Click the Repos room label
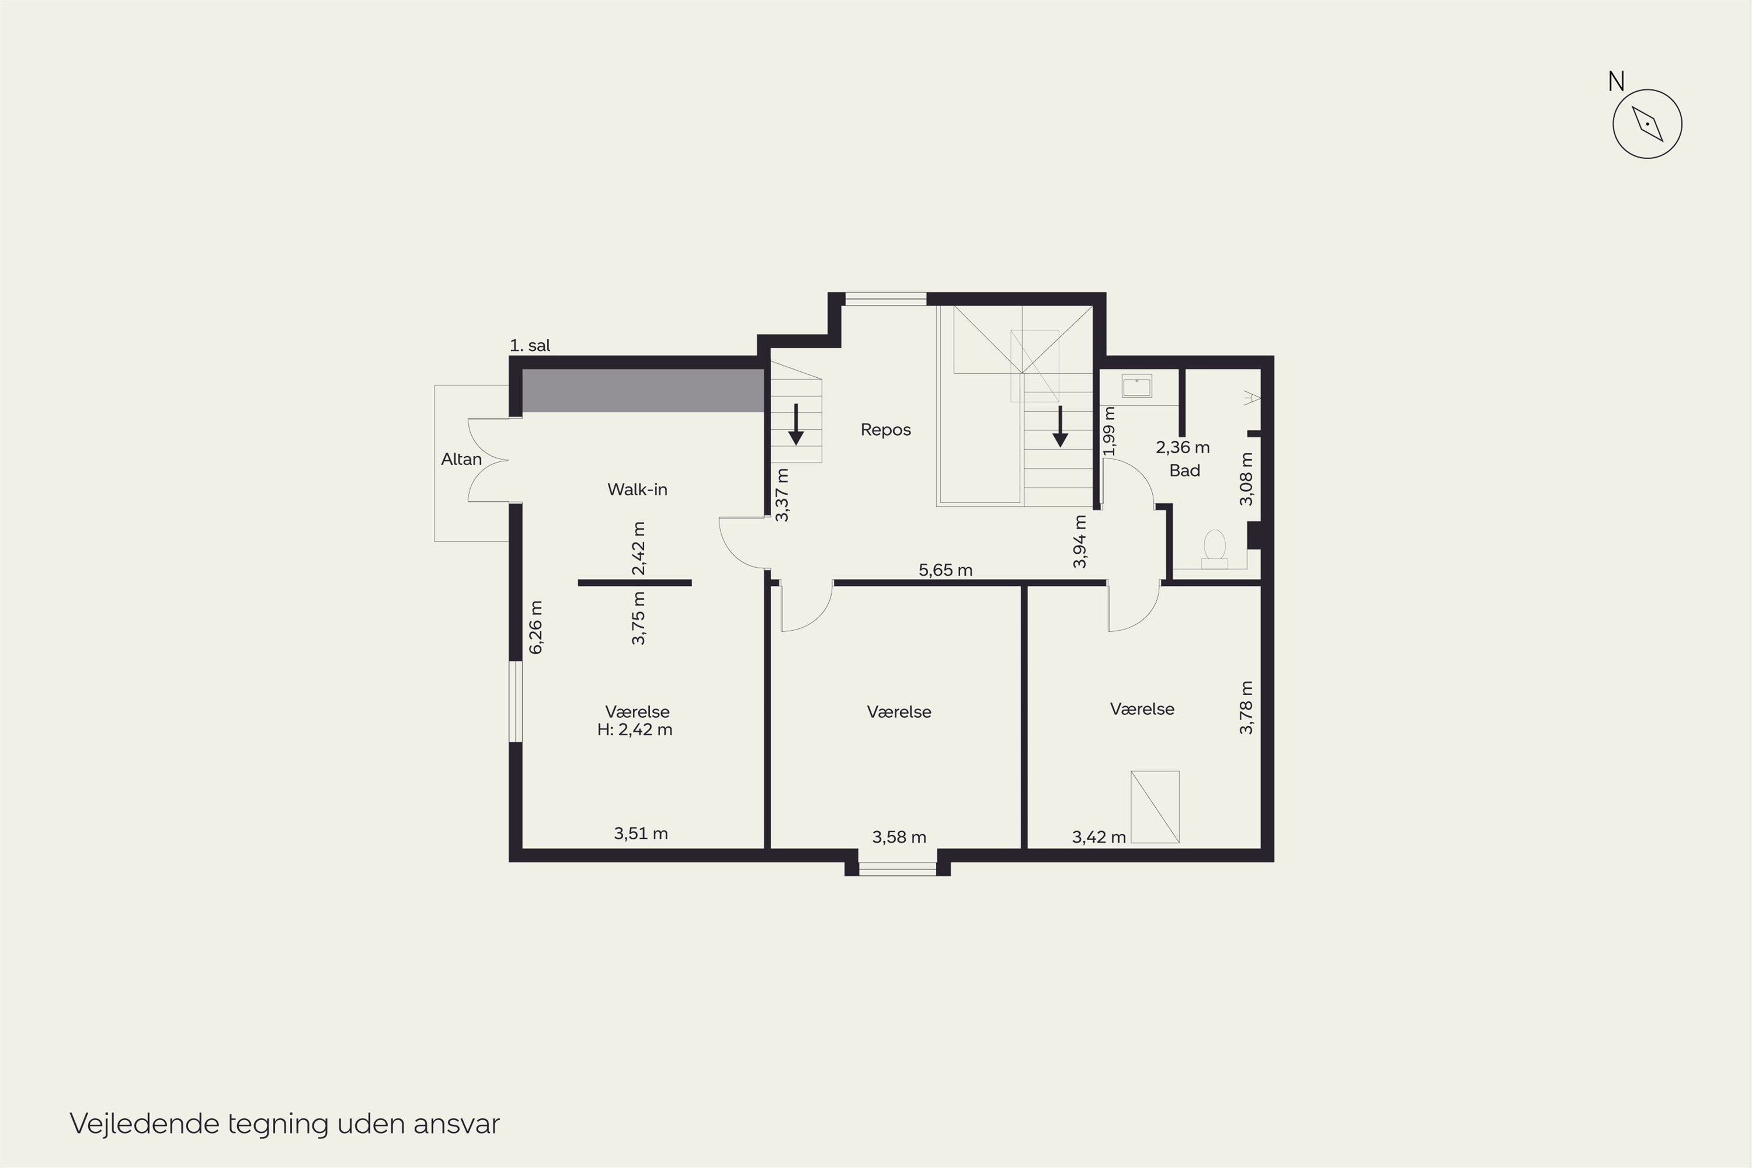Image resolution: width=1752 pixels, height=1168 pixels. click(x=886, y=430)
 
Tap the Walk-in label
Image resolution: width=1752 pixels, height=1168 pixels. click(x=637, y=489)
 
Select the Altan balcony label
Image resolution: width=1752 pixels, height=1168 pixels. click(x=461, y=459)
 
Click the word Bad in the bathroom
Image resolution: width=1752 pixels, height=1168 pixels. click(x=1184, y=471)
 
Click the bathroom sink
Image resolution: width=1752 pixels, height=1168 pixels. click(x=1136, y=386)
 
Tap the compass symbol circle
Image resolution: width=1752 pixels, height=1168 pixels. click(x=1647, y=124)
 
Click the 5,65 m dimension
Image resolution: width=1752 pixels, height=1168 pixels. click(x=945, y=570)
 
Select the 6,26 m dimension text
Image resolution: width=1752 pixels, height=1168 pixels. click(x=536, y=627)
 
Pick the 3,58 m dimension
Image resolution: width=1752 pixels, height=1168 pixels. click(x=899, y=837)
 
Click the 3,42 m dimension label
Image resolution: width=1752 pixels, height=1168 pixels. click(x=1099, y=837)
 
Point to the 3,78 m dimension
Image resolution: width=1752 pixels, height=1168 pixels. click(x=1246, y=708)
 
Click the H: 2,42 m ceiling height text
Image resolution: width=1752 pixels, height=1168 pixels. click(x=635, y=729)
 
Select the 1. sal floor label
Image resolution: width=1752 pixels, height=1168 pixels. click(x=530, y=346)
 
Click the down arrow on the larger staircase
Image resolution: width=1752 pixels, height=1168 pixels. click(x=1060, y=426)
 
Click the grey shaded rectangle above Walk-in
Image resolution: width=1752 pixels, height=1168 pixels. click(x=644, y=390)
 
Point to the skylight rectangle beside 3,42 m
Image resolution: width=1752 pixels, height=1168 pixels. click(x=1155, y=807)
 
